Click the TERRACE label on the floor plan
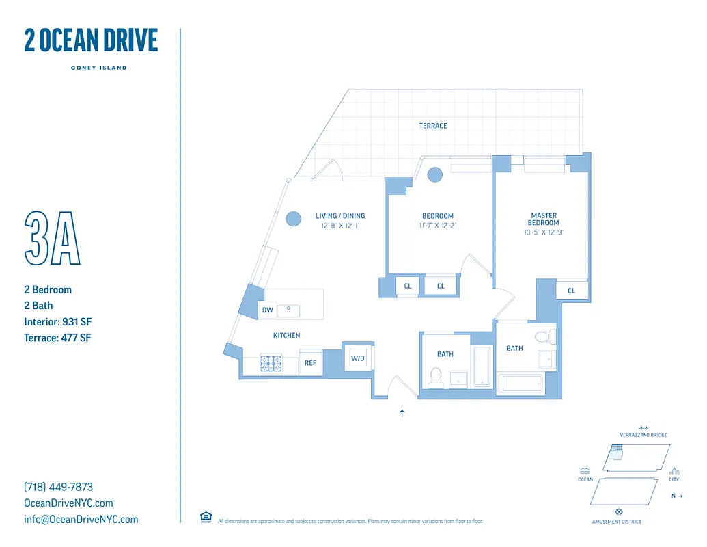click(x=433, y=126)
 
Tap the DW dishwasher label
click(x=268, y=310)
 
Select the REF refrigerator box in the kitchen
click(x=310, y=363)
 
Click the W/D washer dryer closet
click(x=357, y=358)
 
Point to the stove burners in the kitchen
click(x=271, y=364)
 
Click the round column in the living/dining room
click(x=293, y=219)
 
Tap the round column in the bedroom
click(x=434, y=175)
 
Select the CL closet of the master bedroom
click(x=572, y=291)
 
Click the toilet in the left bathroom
click(x=435, y=376)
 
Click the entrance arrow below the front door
click(x=402, y=413)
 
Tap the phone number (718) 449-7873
click(x=58, y=487)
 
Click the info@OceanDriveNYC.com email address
click(x=81, y=519)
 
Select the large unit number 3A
click(x=53, y=238)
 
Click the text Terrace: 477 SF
click(x=57, y=338)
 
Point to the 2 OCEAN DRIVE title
click(x=91, y=41)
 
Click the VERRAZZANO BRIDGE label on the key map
click(x=643, y=435)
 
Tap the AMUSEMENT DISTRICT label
click(x=616, y=522)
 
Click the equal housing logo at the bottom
click(x=205, y=517)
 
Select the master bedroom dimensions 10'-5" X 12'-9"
click(x=544, y=232)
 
